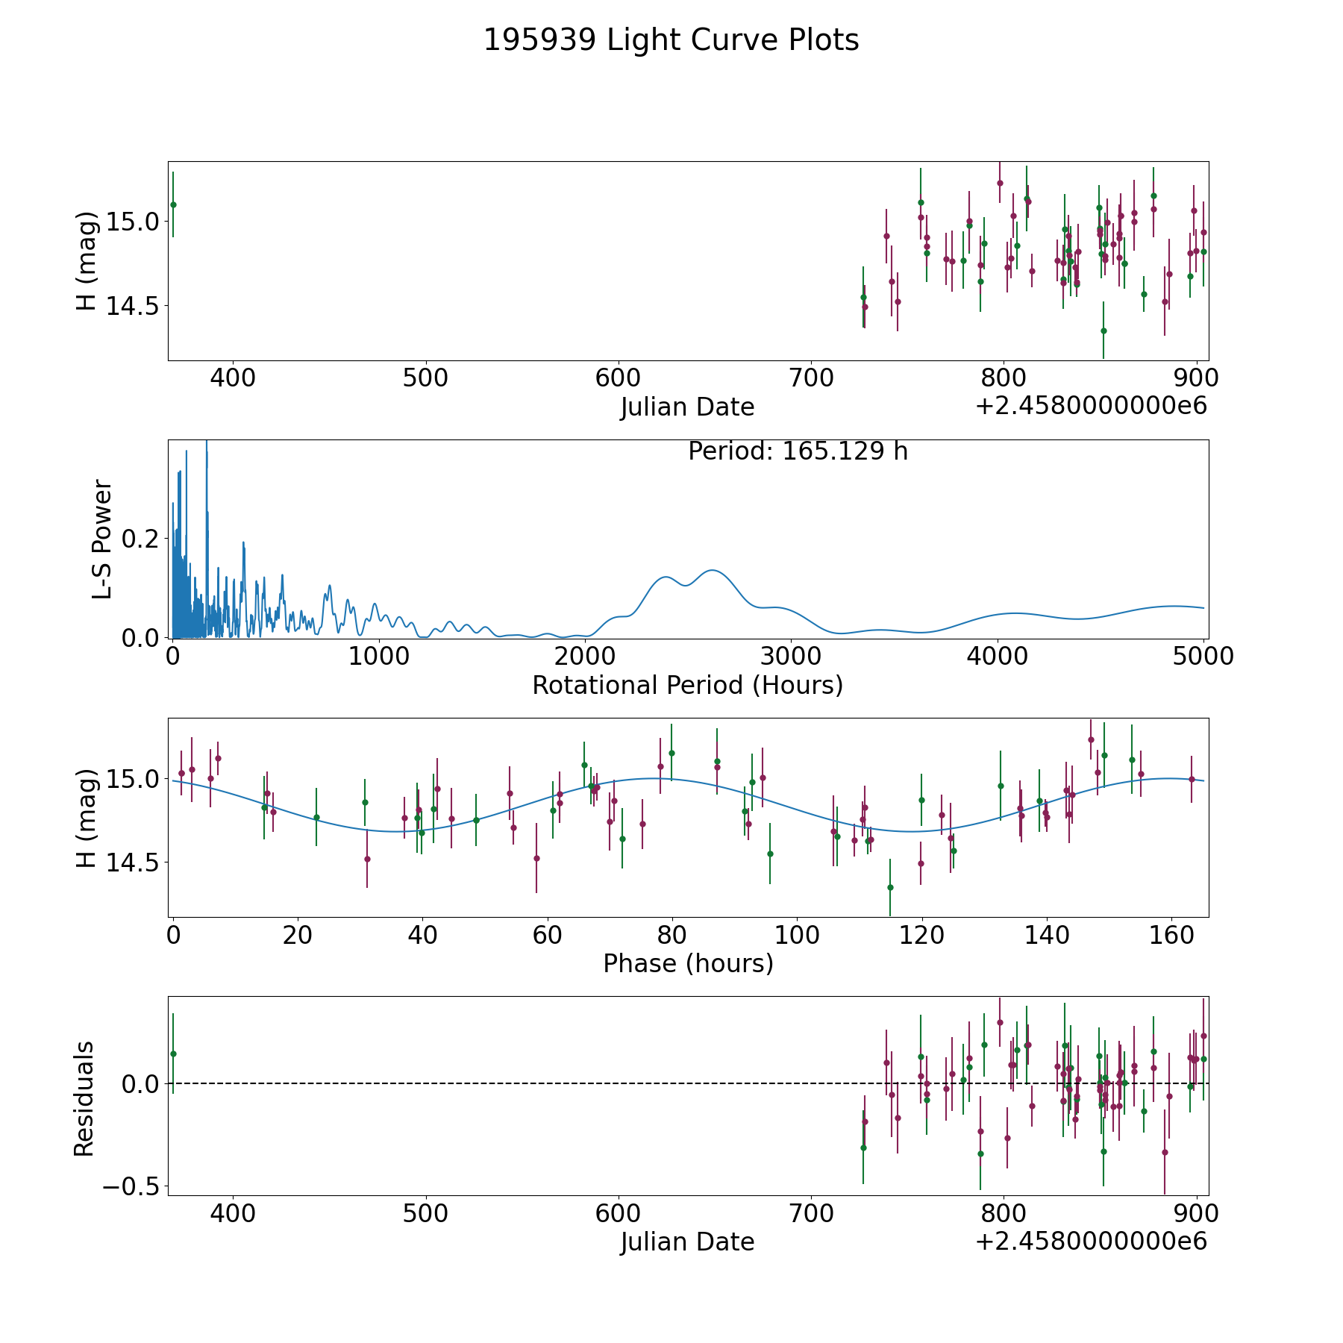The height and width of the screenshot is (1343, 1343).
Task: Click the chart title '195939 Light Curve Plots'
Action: click(671, 40)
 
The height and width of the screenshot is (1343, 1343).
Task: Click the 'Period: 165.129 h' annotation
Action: click(798, 451)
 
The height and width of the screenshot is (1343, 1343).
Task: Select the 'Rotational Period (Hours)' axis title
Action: click(687, 685)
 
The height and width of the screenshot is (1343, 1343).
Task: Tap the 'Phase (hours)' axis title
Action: click(688, 963)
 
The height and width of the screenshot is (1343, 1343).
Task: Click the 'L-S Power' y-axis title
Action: click(102, 539)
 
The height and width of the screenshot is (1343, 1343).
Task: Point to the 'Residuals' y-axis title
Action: click(84, 1098)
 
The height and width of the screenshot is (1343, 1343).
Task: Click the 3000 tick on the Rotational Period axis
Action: click(791, 657)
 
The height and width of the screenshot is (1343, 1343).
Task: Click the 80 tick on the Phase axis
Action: click(672, 935)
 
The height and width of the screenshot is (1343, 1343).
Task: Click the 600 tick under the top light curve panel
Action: click(619, 378)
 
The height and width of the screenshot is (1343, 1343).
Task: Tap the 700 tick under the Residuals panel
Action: click(811, 1213)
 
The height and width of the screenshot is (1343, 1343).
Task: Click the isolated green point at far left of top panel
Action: click(173, 204)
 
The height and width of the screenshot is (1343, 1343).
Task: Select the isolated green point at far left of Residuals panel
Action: click(173, 1054)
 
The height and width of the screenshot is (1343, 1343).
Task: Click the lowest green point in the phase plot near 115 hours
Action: click(890, 887)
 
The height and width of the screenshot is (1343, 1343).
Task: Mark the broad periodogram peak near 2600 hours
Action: click(713, 570)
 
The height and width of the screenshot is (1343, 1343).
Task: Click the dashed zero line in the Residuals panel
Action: click(522, 1083)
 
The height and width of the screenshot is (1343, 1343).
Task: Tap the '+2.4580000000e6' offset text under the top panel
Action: click(1091, 407)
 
